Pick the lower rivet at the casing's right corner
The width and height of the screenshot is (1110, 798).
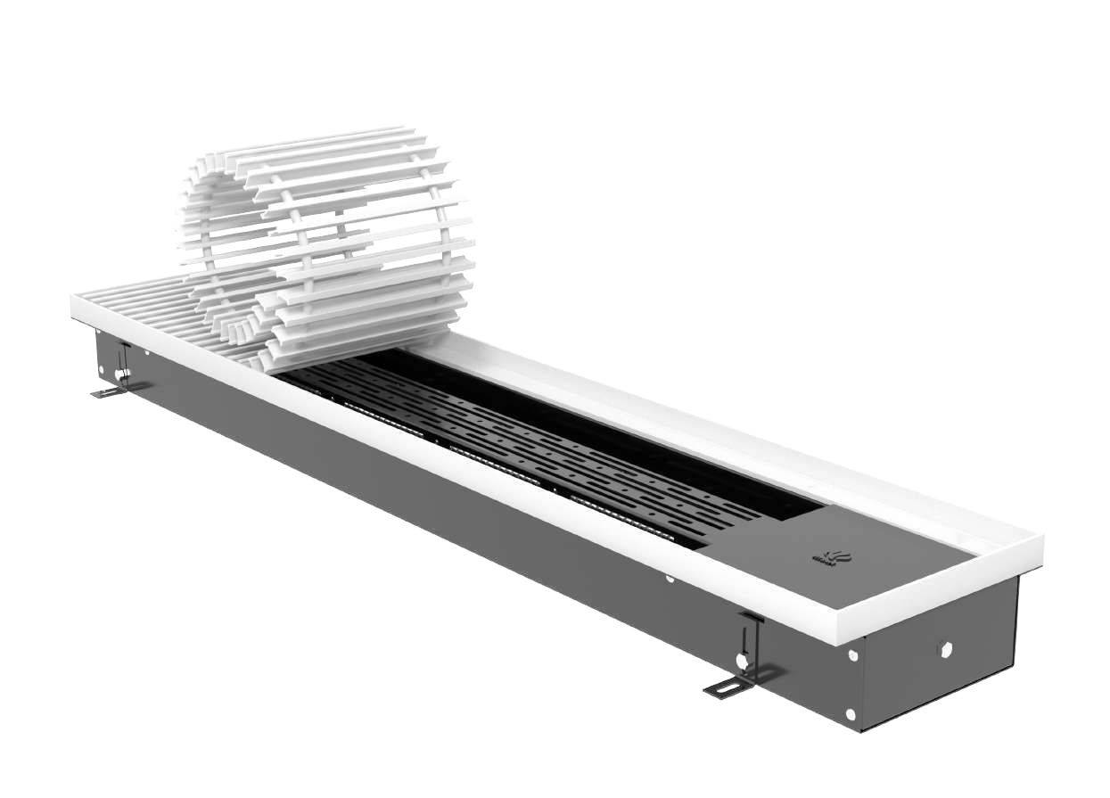tap(851, 714)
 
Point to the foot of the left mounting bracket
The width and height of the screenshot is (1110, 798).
tap(107, 392)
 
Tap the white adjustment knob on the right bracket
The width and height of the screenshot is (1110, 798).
tap(741, 662)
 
